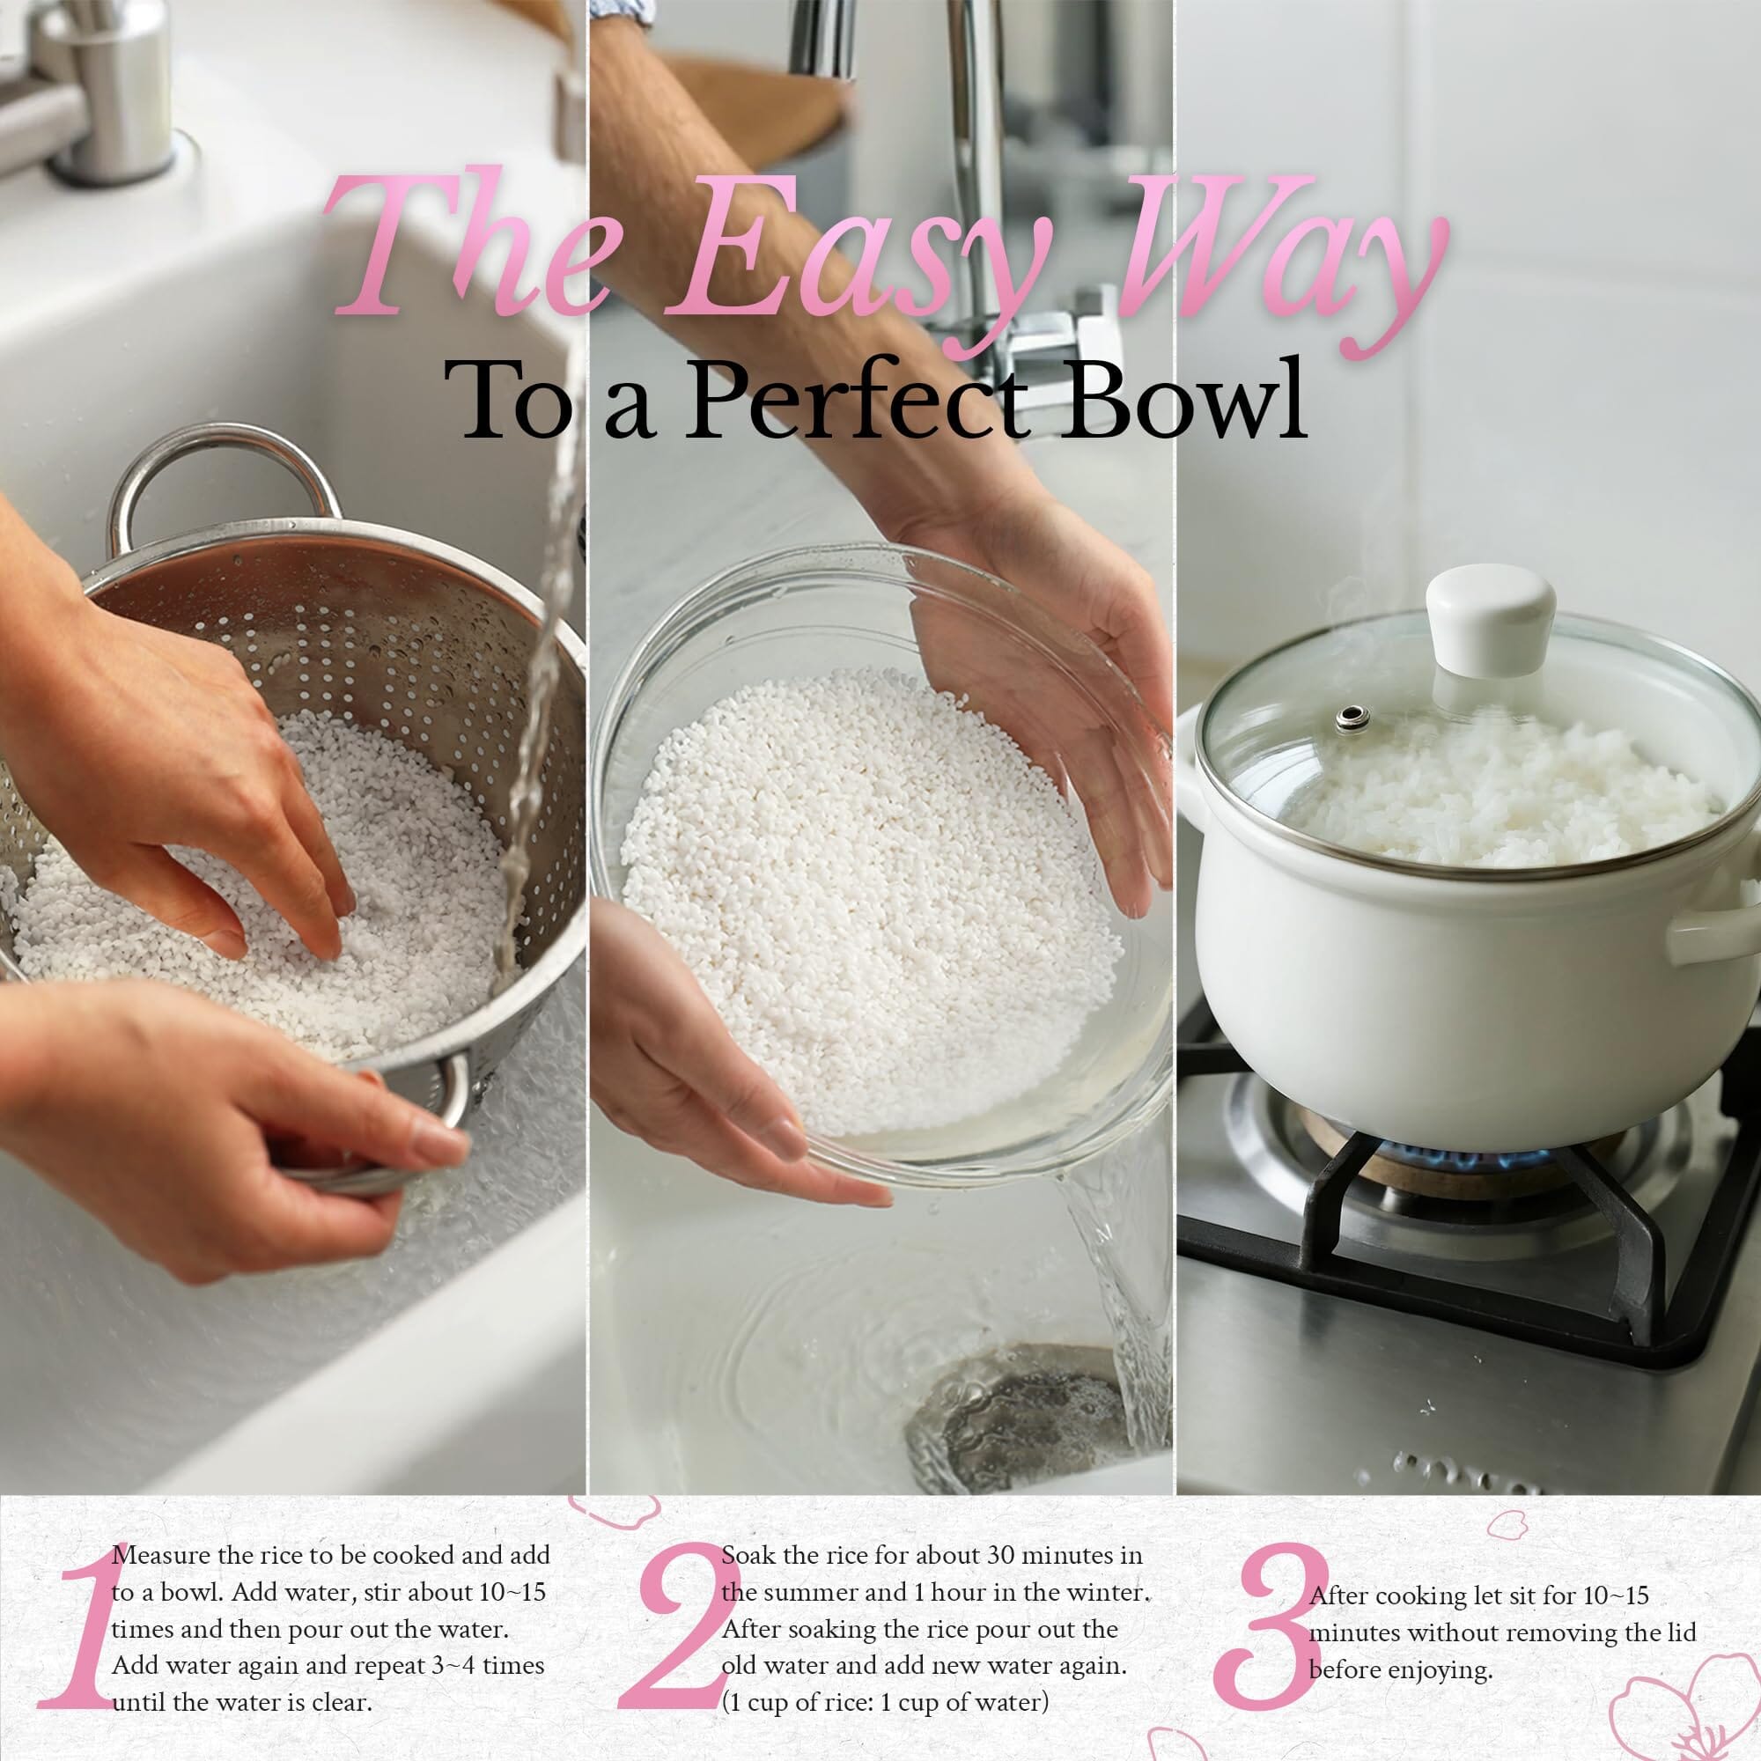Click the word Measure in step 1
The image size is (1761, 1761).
pyautogui.click(x=161, y=1555)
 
